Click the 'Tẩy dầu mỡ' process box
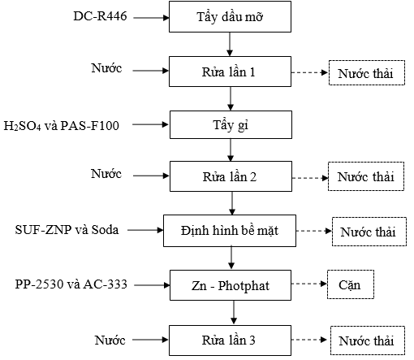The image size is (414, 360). pos(230,17)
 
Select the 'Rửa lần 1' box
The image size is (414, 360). pos(230,72)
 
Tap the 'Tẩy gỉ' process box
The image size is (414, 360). pos(231,125)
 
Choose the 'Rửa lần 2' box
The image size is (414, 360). pos(231,176)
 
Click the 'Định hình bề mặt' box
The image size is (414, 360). pos(230,231)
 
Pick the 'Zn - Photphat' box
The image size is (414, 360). pos(231,285)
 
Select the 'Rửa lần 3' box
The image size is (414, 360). pos(230,340)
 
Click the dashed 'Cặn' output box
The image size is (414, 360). pos(351,284)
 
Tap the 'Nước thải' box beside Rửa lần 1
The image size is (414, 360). pos(367,73)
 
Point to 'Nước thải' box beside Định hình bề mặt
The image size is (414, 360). pos(369,232)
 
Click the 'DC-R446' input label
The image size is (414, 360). pos(100,16)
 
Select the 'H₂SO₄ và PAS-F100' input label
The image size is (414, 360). pos(61,126)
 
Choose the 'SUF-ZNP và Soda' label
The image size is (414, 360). pos(67,230)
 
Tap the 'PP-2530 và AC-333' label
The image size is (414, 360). pos(71,284)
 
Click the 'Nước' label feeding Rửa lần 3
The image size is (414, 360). pos(110,340)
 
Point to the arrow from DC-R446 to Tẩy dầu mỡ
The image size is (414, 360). pos(151,18)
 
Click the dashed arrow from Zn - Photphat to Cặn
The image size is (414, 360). pos(309,284)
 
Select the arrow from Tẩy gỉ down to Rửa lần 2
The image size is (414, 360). pos(231,150)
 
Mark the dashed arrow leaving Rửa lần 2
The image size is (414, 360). pos(310,178)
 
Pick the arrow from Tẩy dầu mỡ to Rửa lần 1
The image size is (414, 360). pos(230,45)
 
